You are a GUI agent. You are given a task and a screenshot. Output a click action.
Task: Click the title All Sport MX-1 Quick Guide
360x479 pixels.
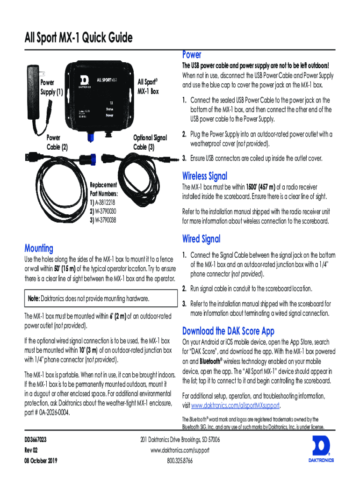tap(79, 37)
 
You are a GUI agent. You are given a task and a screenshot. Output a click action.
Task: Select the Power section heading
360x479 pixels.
tap(192, 55)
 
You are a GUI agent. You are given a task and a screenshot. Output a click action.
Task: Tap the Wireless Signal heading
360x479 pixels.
tap(205, 176)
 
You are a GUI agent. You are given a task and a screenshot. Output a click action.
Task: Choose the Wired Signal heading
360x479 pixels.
tap(201, 239)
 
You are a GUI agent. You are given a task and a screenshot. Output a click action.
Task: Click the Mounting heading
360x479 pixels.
tap(39, 248)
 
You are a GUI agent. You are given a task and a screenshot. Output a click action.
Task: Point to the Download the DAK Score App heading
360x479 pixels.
tap(228, 331)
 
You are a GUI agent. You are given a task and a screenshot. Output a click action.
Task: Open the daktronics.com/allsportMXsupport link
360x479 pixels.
tap(235, 406)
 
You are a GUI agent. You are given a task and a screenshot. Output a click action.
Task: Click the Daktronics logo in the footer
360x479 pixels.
tap(321, 449)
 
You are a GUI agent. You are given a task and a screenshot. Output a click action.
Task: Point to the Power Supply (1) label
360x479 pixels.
tap(51, 87)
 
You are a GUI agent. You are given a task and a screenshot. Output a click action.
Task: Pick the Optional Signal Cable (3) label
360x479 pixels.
tap(150, 142)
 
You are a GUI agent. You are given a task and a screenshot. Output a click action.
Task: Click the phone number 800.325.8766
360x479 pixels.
tap(180, 461)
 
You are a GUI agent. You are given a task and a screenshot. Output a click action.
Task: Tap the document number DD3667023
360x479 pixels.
tap(36, 440)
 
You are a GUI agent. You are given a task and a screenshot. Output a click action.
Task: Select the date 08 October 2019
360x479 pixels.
tap(41, 460)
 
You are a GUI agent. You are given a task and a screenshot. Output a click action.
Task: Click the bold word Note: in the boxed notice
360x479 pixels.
tap(34, 298)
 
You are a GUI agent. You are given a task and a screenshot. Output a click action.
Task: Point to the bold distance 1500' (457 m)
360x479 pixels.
tap(261, 187)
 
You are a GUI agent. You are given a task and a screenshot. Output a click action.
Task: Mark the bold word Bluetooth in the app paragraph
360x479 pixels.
tap(210, 362)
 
